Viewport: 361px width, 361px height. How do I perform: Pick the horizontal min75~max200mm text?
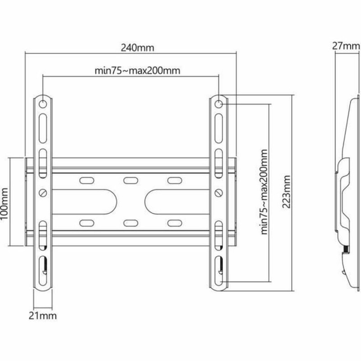[130, 70]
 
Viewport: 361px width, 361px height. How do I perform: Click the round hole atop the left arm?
[43, 104]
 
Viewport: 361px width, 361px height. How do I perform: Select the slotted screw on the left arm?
[43, 193]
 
